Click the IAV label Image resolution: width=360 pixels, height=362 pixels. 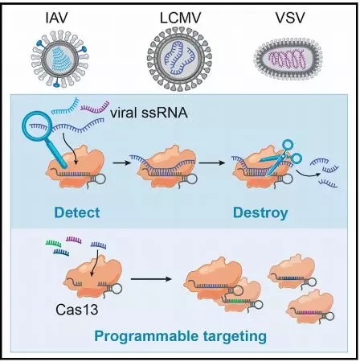click(x=56, y=18)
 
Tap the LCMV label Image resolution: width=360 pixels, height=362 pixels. click(x=180, y=18)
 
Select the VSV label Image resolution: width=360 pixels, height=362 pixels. click(x=290, y=18)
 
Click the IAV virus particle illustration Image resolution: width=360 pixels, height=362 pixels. click(x=60, y=60)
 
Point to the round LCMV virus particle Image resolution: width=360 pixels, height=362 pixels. click(x=179, y=60)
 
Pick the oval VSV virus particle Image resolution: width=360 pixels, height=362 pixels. click(x=288, y=59)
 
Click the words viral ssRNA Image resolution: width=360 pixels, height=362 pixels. click(x=149, y=113)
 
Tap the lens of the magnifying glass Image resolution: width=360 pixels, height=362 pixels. click(x=38, y=126)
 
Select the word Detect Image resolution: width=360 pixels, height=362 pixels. click(x=77, y=212)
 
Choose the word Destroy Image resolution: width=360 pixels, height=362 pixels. click(x=260, y=213)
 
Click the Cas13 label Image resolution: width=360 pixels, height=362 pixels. click(x=77, y=310)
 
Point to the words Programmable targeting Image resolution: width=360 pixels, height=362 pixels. click(x=181, y=336)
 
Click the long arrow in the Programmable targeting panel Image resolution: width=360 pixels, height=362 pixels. click(x=151, y=279)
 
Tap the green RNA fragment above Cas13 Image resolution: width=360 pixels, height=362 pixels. click(x=53, y=243)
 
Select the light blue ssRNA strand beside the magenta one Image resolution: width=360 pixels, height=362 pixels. click(x=65, y=106)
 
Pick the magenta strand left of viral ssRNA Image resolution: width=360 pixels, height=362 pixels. click(x=95, y=107)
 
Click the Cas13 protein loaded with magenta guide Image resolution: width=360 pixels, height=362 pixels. click(x=311, y=307)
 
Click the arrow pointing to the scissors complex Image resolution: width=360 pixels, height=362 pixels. click(x=212, y=162)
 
